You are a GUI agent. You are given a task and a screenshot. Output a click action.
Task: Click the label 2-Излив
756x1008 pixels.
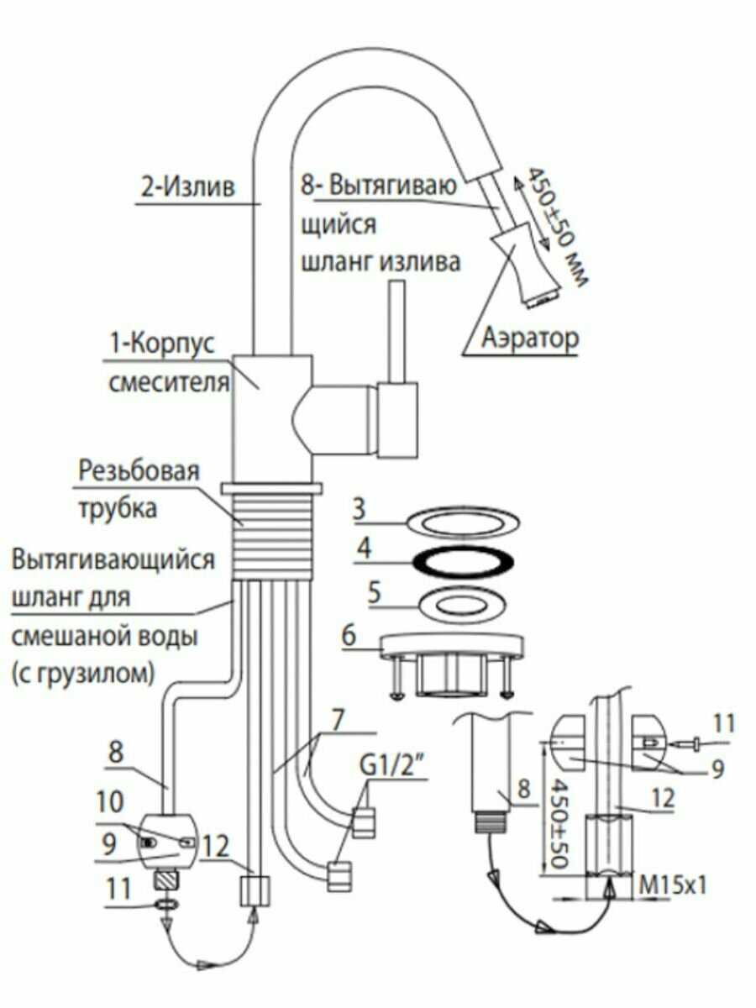coord(187,187)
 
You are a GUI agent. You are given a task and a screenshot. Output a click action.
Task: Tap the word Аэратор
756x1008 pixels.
coord(530,339)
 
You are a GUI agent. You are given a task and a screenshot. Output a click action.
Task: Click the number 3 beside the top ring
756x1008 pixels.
coord(359,509)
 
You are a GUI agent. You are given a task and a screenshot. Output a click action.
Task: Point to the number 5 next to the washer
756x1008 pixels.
coord(375,592)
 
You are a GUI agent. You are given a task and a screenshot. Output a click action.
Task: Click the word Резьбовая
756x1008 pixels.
coord(139,471)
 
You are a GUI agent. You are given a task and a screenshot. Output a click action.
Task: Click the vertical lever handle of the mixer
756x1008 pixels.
coord(397,332)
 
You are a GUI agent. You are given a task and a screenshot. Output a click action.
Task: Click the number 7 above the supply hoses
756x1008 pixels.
coord(338,720)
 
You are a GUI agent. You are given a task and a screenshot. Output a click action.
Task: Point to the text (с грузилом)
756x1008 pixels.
coord(82,672)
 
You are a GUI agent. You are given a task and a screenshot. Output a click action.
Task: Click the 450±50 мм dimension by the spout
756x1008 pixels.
coord(556,227)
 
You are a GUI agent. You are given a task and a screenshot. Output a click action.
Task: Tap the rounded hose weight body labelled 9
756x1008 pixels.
coord(168,842)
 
